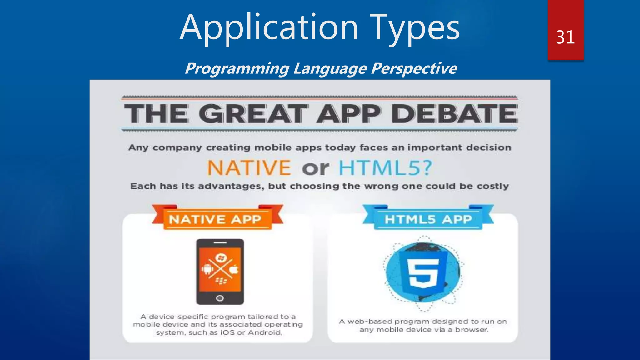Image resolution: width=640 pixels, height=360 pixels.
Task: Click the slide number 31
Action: click(565, 37)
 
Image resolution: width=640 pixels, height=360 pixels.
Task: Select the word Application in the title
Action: click(269, 28)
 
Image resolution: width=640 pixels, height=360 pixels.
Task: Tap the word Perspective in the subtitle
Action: click(414, 68)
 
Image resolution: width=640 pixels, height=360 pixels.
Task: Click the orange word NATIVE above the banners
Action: click(249, 168)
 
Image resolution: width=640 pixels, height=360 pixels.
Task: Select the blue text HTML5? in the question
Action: click(386, 168)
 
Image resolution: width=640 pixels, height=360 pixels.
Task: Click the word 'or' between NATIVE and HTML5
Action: click(315, 168)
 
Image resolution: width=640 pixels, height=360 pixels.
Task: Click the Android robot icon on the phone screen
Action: click(207, 269)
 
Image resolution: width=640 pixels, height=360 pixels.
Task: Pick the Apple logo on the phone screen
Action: click(234, 269)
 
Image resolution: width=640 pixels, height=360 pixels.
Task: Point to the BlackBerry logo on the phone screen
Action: click(221, 281)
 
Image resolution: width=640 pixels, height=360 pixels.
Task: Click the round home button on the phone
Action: click(220, 298)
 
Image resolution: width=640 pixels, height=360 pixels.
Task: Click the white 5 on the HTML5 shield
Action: click(423, 272)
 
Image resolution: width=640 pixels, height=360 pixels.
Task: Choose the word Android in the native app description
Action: click(265, 332)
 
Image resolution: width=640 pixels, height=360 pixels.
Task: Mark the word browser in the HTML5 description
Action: click(471, 330)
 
